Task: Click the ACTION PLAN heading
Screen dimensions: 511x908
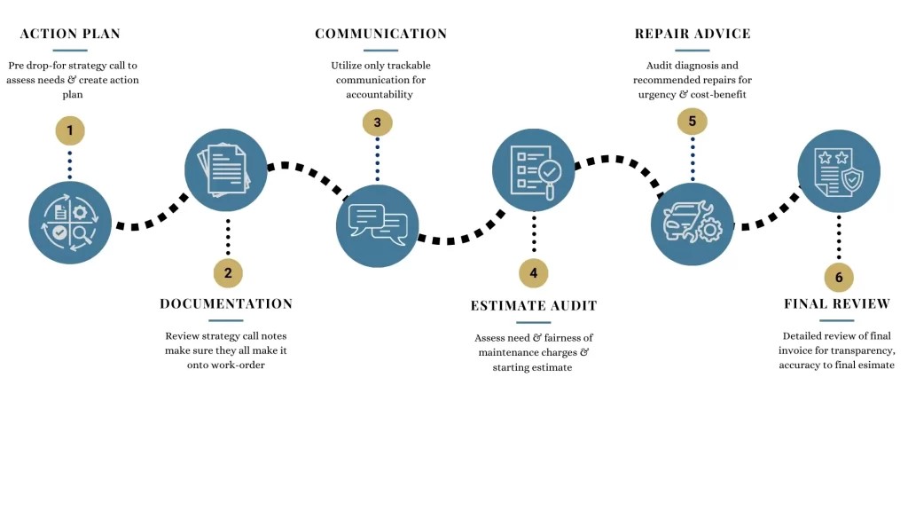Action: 70,34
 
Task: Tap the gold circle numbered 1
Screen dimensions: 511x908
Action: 70,130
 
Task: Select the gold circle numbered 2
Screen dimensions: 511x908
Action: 228,272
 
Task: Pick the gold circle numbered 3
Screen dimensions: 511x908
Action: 377,122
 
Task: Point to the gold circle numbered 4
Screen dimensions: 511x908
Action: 533,272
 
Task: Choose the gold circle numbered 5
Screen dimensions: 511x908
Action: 692,122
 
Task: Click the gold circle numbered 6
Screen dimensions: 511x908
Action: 839,277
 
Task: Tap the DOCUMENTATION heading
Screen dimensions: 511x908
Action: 226,303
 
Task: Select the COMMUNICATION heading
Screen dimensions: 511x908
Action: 380,34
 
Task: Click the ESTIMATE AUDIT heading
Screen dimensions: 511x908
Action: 534,306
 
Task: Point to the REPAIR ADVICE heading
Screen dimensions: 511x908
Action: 693,34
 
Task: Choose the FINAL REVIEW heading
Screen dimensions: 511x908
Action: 837,303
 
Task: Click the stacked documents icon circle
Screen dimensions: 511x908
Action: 226,169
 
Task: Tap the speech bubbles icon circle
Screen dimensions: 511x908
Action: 377,225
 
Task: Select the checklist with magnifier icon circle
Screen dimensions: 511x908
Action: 534,169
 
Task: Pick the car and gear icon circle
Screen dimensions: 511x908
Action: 692,224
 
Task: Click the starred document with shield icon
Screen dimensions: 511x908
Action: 839,171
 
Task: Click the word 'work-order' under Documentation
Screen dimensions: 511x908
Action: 239,365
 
